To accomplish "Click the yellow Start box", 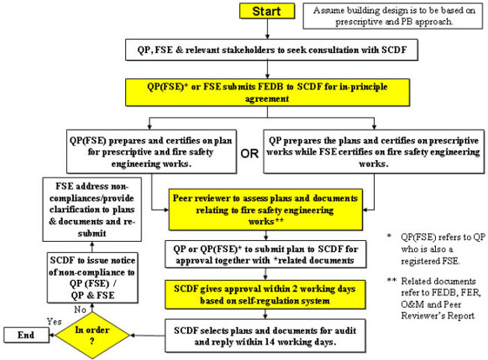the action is (267, 11).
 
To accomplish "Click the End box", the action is (26, 335).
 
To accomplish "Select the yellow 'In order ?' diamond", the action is (92, 336).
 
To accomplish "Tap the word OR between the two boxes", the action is (250, 153).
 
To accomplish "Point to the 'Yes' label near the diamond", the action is (54, 322).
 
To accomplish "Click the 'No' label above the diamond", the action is (80, 310).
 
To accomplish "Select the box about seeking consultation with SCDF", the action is (271, 50).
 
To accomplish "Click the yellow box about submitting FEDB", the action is (267, 92).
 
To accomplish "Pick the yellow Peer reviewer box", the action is (265, 210).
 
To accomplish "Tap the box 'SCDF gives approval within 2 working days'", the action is (264, 295).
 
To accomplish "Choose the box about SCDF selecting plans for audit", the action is (264, 336).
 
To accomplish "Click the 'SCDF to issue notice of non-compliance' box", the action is (92, 277).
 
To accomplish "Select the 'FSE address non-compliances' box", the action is (92, 210).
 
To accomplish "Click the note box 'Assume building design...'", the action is (393, 17).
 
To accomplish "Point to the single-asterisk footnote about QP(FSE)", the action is (436, 249).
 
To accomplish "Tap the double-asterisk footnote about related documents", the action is (435, 298).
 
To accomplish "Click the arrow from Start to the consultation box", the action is (267, 30).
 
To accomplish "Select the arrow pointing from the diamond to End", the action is (52, 335).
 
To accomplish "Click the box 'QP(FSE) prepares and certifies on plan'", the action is (151, 152).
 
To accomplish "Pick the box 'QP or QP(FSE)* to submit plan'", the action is (265, 254).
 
